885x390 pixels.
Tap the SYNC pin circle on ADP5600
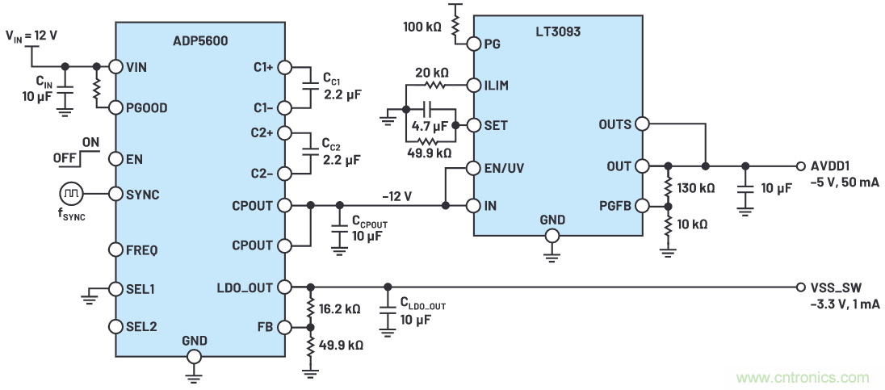[115, 194]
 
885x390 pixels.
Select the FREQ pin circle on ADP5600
[115, 250]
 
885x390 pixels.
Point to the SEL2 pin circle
[115, 326]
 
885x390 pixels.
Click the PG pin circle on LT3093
[474, 44]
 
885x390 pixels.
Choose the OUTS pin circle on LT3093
[641, 124]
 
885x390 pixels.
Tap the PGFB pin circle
[641, 206]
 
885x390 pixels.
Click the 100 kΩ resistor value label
[422, 27]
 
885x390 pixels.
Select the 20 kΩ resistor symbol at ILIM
[436, 84]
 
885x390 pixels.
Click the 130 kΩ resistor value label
[697, 188]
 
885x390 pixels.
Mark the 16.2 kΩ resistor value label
[340, 308]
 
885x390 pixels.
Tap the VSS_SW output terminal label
[832, 287]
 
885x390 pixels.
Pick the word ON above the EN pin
[90, 142]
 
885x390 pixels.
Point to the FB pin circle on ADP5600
[283, 327]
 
